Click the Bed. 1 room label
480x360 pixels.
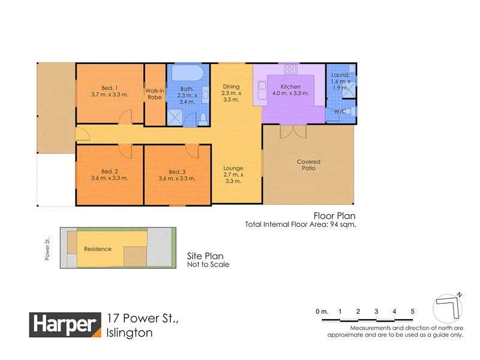pyautogui.click(x=109, y=87)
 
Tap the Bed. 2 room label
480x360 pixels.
pyautogui.click(x=109, y=172)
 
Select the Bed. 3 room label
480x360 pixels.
pyautogui.click(x=176, y=172)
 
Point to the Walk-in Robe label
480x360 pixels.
pyautogui.click(x=155, y=94)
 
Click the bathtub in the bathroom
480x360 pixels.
pyautogui.click(x=188, y=74)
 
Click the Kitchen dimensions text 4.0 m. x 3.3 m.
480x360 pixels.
pyautogui.click(x=291, y=93)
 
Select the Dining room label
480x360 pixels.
pyautogui.click(x=231, y=86)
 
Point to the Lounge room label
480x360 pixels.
pyautogui.click(x=232, y=169)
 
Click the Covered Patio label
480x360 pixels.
pyautogui.click(x=309, y=165)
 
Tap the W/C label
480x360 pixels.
pyautogui.click(x=340, y=111)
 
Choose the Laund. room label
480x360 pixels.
pyautogui.click(x=340, y=75)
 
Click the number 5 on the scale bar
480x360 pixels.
pyautogui.click(x=413, y=311)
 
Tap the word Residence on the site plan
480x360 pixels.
pyautogui.click(x=97, y=249)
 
